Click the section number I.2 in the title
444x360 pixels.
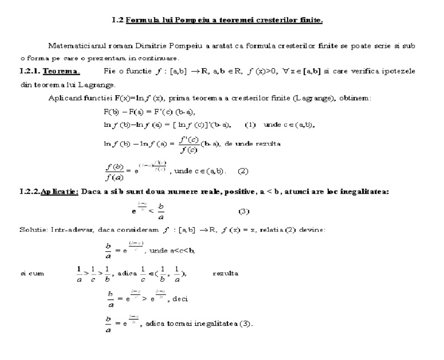pos(116,20)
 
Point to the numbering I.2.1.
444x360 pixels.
pos(29,71)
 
